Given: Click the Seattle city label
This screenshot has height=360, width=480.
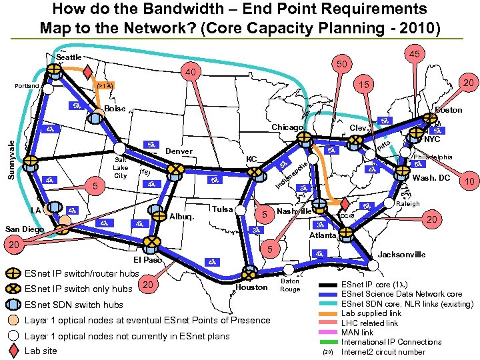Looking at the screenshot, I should tap(69, 57).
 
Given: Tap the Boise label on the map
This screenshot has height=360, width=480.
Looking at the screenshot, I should tap(115, 109).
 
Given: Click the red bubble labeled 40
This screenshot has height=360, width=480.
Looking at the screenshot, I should tap(191, 72).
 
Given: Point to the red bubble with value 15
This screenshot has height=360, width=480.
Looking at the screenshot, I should tap(363, 85).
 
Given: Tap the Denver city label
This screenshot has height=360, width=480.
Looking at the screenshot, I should tap(179, 151).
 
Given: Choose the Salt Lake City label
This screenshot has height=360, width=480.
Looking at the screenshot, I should tap(121, 168).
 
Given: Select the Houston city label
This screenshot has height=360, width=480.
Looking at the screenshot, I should tap(251, 287).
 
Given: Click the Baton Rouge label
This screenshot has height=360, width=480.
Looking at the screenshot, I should tap(290, 285).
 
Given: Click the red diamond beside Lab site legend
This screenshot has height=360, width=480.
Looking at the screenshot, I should tap(15, 351).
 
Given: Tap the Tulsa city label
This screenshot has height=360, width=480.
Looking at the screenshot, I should tap(222, 209).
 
